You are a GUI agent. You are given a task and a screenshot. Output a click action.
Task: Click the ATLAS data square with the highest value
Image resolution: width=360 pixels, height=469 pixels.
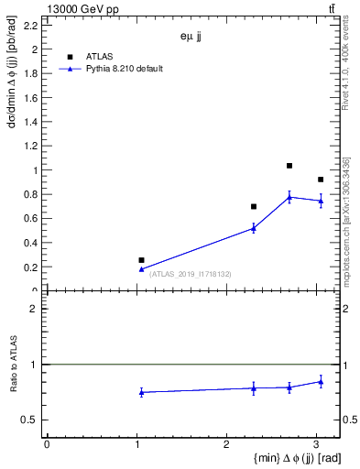tap(289, 166)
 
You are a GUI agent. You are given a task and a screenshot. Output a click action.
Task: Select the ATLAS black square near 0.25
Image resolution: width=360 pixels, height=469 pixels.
tap(141, 260)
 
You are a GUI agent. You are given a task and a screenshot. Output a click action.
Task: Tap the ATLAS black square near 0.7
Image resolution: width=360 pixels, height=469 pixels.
tap(254, 206)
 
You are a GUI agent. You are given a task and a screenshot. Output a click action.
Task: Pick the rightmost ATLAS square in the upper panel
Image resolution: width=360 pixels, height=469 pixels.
tap(321, 180)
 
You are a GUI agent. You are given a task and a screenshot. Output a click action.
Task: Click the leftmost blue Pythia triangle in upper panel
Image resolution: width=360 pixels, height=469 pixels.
tap(141, 268)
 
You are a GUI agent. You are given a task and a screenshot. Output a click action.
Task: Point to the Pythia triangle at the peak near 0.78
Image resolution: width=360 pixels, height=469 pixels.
tap(289, 197)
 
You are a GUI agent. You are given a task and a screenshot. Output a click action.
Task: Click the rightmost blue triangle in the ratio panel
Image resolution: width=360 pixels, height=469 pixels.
tap(321, 381)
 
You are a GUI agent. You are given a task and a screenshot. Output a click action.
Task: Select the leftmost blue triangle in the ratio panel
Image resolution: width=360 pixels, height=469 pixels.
tap(141, 392)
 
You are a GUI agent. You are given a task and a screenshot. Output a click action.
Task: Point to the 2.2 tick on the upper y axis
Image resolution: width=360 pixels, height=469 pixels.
tap(32, 26)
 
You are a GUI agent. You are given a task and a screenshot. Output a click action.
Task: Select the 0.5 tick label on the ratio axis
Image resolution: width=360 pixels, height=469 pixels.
tap(32, 420)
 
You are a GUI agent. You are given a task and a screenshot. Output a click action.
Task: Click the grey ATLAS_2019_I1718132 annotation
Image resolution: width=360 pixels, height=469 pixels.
tap(191, 274)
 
